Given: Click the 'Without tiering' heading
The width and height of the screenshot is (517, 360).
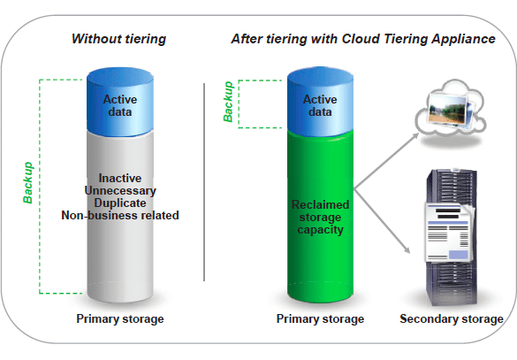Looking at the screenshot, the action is [118, 39].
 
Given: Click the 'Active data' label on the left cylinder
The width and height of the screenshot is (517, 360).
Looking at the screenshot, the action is [120, 105].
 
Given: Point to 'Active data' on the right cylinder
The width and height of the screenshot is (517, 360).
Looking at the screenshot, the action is [320, 105].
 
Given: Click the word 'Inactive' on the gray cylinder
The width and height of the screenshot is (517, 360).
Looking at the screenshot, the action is [120, 178].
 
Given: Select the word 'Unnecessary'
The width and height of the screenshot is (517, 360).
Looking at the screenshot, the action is [120, 191].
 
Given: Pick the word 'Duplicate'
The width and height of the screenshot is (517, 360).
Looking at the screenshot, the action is [120, 203].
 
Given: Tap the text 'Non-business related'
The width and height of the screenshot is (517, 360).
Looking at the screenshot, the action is [120, 216].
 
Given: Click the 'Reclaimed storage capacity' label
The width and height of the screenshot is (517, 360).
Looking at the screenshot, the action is [320, 217].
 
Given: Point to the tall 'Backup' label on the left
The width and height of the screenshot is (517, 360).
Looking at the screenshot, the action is [28, 182].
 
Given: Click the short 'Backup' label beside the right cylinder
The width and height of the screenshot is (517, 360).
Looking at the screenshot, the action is [228, 102].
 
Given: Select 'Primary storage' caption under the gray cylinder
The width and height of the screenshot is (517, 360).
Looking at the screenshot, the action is [120, 319].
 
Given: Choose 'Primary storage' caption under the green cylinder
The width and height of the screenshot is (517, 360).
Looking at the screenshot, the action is [320, 319].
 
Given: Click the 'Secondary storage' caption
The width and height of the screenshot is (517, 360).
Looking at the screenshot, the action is [452, 319].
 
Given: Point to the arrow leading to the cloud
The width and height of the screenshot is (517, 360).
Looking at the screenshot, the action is [386, 161].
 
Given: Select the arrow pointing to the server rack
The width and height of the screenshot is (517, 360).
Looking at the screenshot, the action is [382, 221].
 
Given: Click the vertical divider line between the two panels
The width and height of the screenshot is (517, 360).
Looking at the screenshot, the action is [204, 182].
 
